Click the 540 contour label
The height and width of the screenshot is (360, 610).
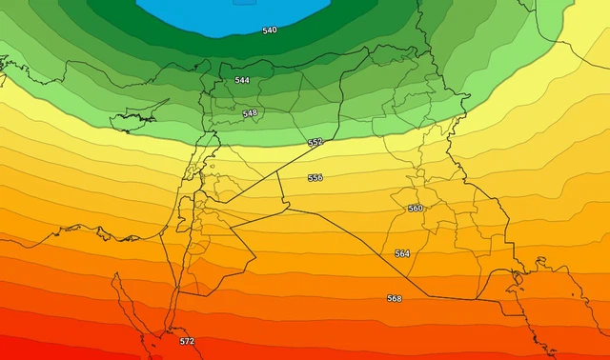tap(270, 30)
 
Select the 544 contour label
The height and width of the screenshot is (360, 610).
tap(242, 80)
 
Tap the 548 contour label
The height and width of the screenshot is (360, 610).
tap(250, 112)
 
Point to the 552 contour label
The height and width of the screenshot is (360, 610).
tap(315, 142)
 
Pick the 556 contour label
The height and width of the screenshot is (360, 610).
tap(315, 178)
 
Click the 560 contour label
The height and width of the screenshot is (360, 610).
tap(416, 208)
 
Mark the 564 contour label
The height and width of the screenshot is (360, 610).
tap(402, 253)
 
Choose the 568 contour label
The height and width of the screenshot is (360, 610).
tap(394, 298)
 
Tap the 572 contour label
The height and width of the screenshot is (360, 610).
tap(187, 341)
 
